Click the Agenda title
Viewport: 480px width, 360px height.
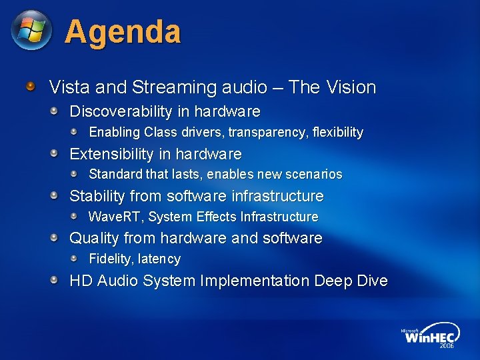pyautogui.click(x=123, y=31)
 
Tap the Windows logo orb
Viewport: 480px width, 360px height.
pyautogui.click(x=31, y=30)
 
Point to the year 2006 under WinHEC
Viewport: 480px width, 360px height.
pyautogui.click(x=446, y=346)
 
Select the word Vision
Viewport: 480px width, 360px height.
pyautogui.click(x=352, y=87)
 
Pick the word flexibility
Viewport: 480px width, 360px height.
pyautogui.click(x=339, y=132)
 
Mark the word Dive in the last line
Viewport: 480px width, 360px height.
pyautogui.click(x=372, y=281)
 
